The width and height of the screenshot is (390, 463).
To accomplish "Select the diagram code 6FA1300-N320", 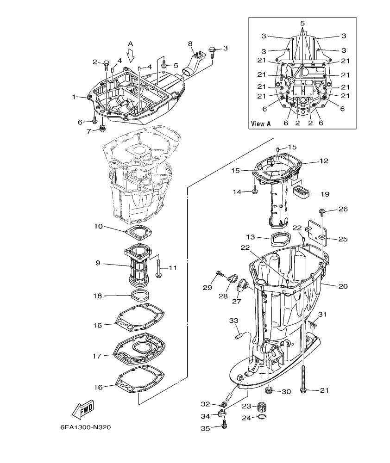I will [x=85, y=427].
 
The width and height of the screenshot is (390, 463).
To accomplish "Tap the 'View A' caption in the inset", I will [x=260, y=123].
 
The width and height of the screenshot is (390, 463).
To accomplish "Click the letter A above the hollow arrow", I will [x=130, y=43].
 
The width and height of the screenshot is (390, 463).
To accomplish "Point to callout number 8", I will [x=190, y=43].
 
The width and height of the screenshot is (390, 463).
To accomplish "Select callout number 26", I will [x=342, y=209].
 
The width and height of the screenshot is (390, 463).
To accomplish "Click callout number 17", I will [x=97, y=356].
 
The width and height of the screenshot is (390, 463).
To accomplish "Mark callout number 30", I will [x=286, y=391].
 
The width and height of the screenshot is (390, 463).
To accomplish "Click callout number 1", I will [x=74, y=97].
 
